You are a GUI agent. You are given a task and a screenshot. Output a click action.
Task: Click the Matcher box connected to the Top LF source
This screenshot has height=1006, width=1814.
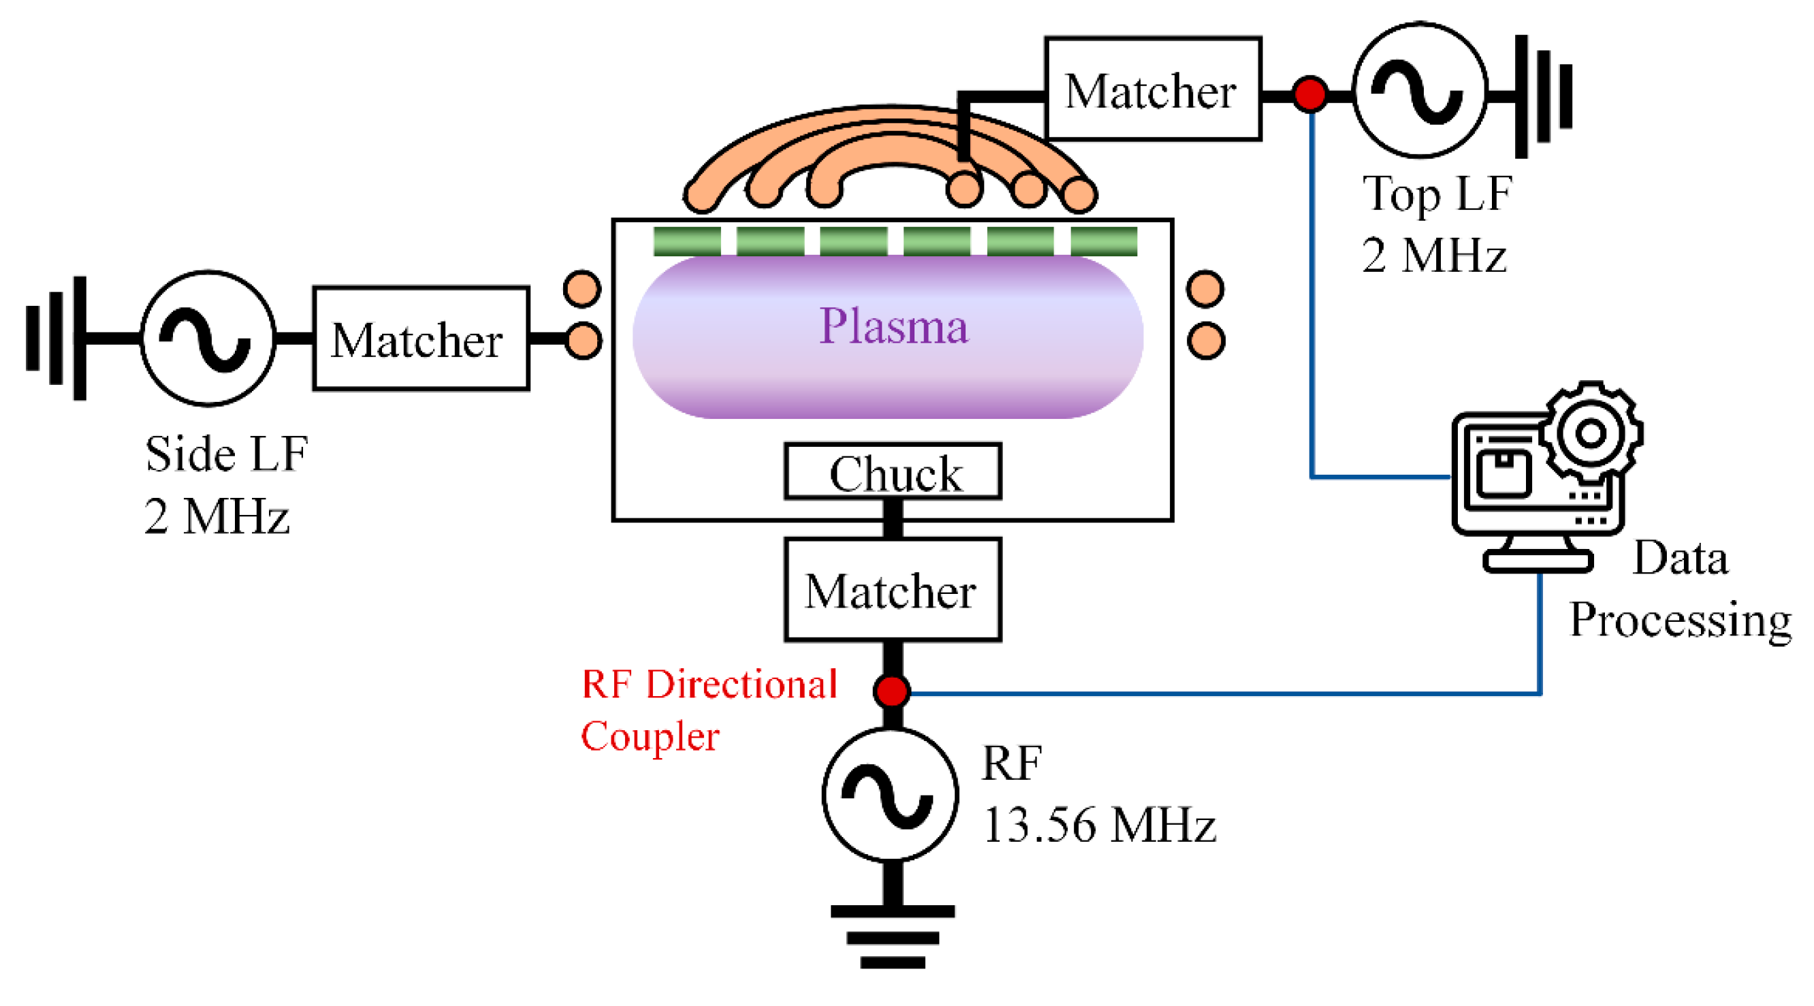point(1153,89)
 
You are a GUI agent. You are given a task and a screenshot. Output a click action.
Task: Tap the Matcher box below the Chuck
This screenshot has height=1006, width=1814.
point(892,590)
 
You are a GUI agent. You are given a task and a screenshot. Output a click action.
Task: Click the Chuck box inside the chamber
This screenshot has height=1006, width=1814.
point(892,471)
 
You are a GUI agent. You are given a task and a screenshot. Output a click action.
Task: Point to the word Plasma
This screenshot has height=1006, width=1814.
point(893,326)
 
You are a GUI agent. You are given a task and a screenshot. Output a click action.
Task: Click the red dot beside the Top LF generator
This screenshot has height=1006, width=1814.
point(1310,94)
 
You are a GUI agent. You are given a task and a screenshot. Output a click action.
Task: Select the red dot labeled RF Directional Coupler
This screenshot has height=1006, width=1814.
point(891,691)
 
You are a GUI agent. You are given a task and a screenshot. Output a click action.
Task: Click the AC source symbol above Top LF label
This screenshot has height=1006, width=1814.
point(1420,90)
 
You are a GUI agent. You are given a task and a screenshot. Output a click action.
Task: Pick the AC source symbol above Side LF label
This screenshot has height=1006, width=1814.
point(207,338)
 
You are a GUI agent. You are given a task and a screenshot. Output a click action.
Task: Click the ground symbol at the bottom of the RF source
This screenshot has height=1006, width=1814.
point(892,937)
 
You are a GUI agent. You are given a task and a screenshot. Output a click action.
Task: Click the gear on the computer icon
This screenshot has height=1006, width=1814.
point(1591,432)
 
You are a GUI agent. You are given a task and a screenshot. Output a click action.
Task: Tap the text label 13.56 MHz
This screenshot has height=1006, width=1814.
point(1098,825)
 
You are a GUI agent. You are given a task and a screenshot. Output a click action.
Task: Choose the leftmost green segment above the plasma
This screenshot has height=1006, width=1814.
point(686,241)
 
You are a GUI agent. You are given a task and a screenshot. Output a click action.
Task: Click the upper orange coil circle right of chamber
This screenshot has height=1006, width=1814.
point(1205,289)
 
